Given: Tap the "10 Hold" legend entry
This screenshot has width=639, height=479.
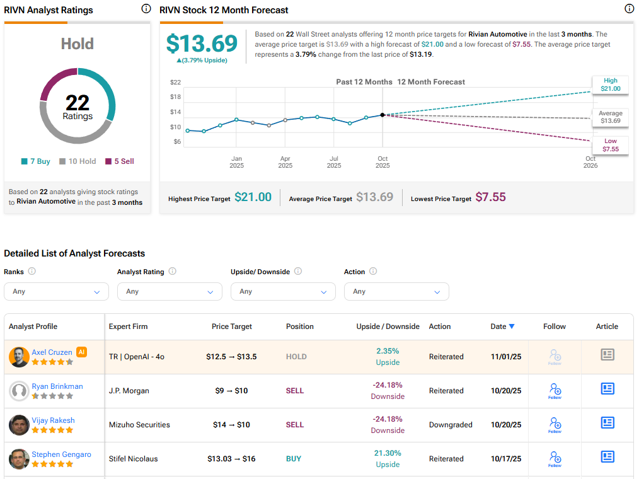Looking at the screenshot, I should pyautogui.click(x=78, y=161).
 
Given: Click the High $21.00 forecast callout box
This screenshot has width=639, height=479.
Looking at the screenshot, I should pyautogui.click(x=610, y=84).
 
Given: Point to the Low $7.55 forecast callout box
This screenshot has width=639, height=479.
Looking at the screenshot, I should pyautogui.click(x=610, y=146).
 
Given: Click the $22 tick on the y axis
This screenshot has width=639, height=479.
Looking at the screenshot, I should pyautogui.click(x=175, y=83).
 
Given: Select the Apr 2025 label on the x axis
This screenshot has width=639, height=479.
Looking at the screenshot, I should pyautogui.click(x=285, y=162).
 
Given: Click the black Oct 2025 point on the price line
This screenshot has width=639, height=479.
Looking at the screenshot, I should pyautogui.click(x=383, y=115).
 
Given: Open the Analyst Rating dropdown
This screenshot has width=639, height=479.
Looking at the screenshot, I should pyautogui.click(x=170, y=292).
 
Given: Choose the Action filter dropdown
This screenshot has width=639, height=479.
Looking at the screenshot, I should pyautogui.click(x=396, y=292).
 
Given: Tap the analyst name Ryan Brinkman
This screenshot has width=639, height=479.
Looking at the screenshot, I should pyautogui.click(x=57, y=386).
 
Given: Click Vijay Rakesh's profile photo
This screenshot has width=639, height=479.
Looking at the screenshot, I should pyautogui.click(x=19, y=425).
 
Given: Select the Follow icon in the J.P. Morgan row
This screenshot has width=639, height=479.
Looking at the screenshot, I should pyautogui.click(x=555, y=391).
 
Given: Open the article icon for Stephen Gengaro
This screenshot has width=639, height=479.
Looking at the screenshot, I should pyautogui.click(x=607, y=457).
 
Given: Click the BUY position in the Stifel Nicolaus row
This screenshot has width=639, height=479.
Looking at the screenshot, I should pyautogui.click(x=294, y=459).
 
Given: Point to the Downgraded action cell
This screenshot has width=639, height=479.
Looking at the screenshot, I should pyautogui.click(x=451, y=425).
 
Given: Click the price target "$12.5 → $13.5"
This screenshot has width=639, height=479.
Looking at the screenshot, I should pyautogui.click(x=231, y=357).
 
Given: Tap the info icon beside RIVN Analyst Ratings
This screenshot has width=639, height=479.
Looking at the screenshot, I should pyautogui.click(x=146, y=9).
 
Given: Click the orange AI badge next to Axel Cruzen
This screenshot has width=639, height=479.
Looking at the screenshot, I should pyautogui.click(x=81, y=352).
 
